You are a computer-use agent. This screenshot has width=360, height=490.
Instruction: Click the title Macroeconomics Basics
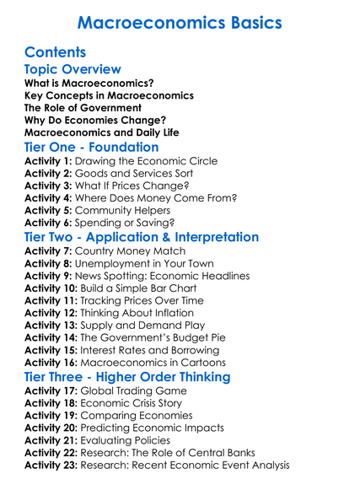pos(180,22)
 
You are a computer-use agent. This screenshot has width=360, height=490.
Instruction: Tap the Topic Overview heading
pos(73,69)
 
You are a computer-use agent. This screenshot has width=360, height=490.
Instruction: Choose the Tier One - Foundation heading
pos(91,147)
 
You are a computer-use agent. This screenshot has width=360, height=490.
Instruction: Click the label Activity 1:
pos(49,161)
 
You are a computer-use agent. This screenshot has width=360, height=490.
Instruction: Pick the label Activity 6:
pos(49,223)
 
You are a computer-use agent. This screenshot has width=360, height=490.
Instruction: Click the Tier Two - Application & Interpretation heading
pos(142,237)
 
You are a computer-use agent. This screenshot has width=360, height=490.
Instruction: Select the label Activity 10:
pos(52,288)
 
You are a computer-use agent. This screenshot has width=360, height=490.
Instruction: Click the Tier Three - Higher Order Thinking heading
pos(141,377)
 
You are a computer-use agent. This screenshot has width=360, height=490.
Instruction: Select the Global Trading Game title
pos(134,391)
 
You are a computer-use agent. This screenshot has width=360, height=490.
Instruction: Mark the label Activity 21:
pos(52,440)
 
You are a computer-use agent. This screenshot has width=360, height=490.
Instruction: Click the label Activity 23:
pos(52,465)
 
